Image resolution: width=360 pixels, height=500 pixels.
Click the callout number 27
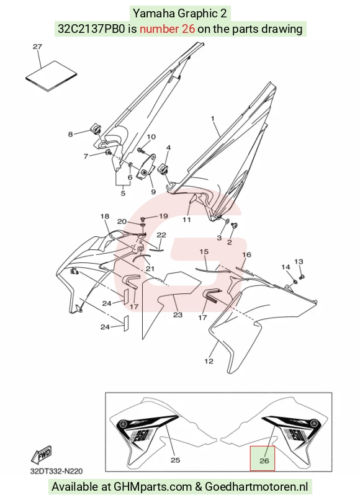[x=37, y=47]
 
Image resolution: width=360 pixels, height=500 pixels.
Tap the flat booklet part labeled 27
[x=52, y=76]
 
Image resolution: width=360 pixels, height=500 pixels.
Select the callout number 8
[x=70, y=134]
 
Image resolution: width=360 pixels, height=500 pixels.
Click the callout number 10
[x=151, y=137]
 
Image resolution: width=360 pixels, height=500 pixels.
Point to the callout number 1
[x=212, y=118]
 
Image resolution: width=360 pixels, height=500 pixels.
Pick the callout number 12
[x=209, y=361]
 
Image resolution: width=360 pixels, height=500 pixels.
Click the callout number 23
[x=178, y=315]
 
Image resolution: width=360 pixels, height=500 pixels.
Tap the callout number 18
[x=105, y=217]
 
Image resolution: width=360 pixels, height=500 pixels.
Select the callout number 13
[x=299, y=262]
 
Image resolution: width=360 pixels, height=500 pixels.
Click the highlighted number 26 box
[x=262, y=458]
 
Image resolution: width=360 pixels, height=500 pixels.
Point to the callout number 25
[x=175, y=460]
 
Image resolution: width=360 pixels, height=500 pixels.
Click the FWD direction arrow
[x=41, y=455]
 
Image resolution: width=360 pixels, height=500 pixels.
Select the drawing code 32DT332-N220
[x=56, y=471]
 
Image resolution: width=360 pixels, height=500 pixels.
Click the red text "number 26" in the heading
[x=167, y=29]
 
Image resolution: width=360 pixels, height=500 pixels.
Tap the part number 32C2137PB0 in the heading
[x=92, y=29]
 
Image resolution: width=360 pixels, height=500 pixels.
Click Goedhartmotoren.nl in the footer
[x=256, y=487]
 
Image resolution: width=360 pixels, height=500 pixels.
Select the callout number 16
[x=246, y=254]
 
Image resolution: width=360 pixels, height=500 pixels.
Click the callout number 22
[x=161, y=235]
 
